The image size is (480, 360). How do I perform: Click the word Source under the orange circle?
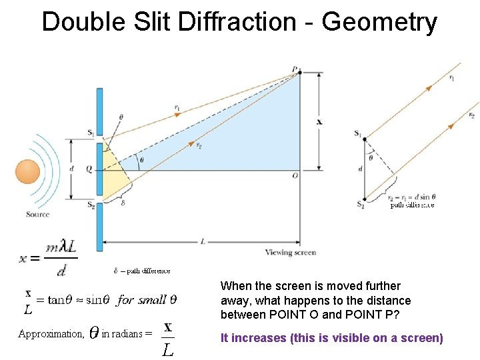(x=38, y=214)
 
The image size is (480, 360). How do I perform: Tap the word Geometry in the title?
(x=379, y=22)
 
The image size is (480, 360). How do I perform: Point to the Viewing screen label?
(x=291, y=253)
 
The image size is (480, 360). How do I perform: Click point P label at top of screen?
(x=295, y=69)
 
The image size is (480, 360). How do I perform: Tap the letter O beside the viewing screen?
(x=295, y=175)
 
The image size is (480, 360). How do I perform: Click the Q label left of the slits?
(x=88, y=169)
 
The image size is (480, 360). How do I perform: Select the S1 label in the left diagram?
(x=90, y=133)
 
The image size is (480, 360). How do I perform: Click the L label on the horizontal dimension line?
(x=202, y=241)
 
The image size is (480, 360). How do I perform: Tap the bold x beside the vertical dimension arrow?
(x=319, y=122)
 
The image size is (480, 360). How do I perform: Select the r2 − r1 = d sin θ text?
(x=412, y=197)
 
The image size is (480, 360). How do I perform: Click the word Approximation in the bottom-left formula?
(x=50, y=333)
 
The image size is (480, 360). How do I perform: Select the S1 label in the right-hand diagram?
(x=358, y=133)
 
